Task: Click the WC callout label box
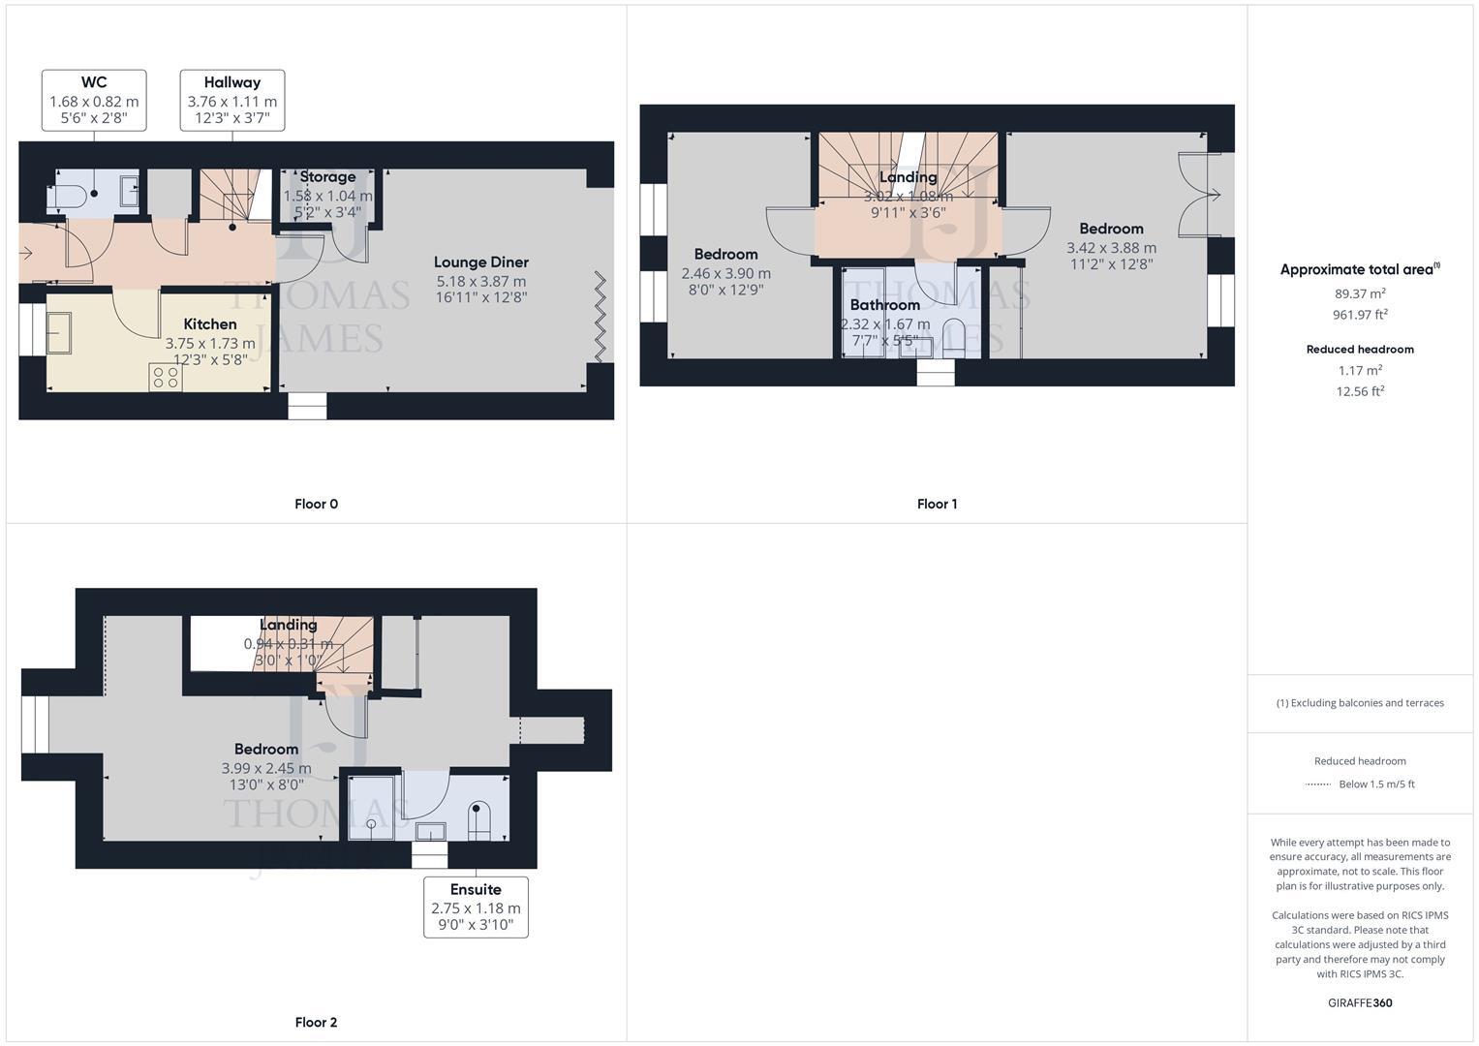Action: point(94,100)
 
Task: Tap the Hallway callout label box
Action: point(232,100)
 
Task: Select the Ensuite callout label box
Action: point(476,908)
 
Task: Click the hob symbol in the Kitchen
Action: point(165,377)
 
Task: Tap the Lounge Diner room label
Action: point(480,262)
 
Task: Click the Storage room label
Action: point(327,177)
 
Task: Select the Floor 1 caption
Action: point(937,504)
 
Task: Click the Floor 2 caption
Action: point(316,1022)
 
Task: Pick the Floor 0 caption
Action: point(316,504)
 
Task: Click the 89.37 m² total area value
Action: point(1360,293)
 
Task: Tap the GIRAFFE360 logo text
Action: point(1360,1002)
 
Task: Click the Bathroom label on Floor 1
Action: point(884,305)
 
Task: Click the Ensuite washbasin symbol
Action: point(430,831)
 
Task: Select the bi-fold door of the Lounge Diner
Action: point(600,318)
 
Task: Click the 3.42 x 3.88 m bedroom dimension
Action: point(1111,247)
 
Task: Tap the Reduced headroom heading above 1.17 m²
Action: point(1360,350)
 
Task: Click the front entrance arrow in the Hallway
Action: point(26,254)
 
